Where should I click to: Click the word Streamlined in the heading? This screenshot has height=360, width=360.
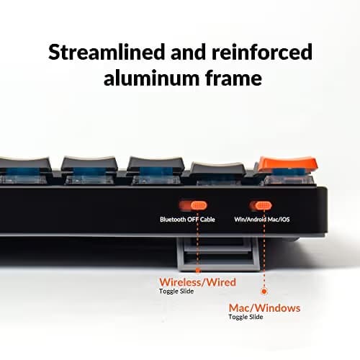coord(107,52)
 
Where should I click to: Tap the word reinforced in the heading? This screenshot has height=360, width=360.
coord(262,52)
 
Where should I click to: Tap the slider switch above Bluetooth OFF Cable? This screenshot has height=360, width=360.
coord(193,205)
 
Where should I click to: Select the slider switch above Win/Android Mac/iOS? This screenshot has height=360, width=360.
coord(260,205)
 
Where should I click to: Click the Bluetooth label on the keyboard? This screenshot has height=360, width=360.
coord(173,220)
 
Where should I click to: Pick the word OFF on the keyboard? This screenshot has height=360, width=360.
coord(193,220)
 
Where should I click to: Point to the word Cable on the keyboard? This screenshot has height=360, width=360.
coord(207,220)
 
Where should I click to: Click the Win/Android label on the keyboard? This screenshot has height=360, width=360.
coord(251,220)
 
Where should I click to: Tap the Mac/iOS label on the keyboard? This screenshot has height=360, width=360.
coord(279,220)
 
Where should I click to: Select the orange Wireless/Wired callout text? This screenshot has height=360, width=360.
coord(197,282)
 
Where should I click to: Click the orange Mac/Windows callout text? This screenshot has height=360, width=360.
coord(264,308)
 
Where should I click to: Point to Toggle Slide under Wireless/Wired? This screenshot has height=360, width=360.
coord(176,292)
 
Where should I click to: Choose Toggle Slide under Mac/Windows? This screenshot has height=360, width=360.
coord(246,317)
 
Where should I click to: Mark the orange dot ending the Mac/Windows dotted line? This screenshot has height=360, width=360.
coord(264,292)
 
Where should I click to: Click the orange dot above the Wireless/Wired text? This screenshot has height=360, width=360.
coord(198,271)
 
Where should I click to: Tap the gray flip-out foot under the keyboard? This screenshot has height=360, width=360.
coord(218,253)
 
